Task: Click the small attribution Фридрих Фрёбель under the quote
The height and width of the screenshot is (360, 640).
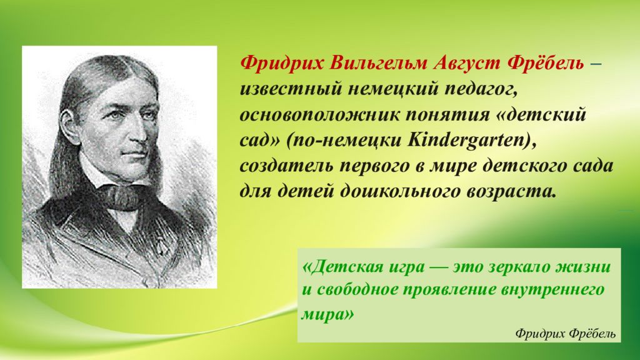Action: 566,333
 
